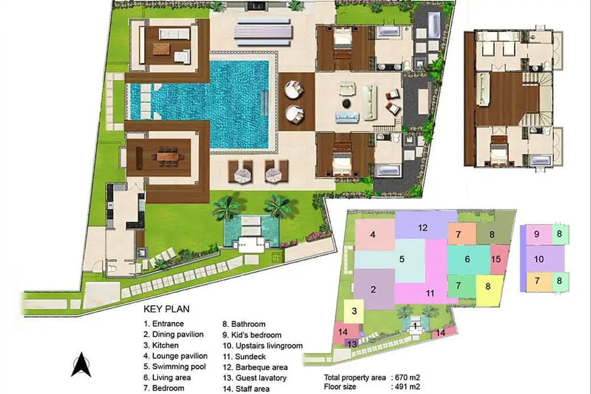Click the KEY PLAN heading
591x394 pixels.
point(166,309)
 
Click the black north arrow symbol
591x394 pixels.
point(81,364)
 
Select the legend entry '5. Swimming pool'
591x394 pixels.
point(175,366)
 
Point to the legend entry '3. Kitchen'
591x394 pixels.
point(161,345)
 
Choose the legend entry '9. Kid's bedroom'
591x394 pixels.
point(252,335)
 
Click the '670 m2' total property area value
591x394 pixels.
point(407,378)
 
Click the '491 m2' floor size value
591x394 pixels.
point(407,387)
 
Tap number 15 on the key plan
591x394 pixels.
point(496,259)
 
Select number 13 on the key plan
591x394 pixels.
point(352,344)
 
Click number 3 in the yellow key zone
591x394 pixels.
point(354,311)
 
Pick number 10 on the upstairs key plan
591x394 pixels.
point(539,259)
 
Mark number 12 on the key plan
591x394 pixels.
point(423,228)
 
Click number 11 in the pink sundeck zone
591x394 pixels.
point(430,293)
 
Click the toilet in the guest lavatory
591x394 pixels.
point(112,269)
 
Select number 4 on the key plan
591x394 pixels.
point(373,235)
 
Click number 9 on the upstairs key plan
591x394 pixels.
point(537,234)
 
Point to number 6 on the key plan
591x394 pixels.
point(467,259)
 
